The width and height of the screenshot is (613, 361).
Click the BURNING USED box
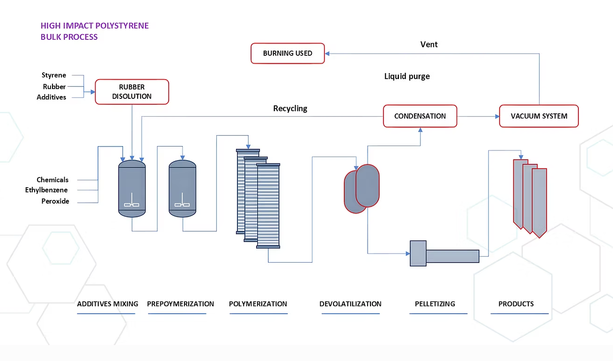point(288,53)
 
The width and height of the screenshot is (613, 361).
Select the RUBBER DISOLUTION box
point(132,92)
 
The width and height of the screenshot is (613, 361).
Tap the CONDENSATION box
point(420,116)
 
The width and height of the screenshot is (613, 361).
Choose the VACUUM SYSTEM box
point(539,116)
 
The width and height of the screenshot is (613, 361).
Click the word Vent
point(429,44)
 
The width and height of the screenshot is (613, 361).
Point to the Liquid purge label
point(407,76)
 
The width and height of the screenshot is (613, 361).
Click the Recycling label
point(290,109)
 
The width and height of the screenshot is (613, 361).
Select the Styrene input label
point(54,75)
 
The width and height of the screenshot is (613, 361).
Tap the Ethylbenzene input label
point(46,190)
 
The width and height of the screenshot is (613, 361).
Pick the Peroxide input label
point(55,201)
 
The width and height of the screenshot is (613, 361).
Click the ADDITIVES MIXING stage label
point(107,304)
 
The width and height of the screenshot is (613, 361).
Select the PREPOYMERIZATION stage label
point(180,304)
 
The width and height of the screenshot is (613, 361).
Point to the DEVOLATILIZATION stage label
point(350,304)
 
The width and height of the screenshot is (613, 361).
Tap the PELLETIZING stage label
point(435,304)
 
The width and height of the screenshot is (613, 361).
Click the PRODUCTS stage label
point(516,304)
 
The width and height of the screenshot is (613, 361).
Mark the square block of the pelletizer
point(418,253)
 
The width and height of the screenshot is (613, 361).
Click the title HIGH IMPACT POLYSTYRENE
point(95,26)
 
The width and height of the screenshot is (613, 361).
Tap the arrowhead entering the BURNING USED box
point(328,53)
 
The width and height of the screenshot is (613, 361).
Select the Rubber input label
point(54,87)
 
